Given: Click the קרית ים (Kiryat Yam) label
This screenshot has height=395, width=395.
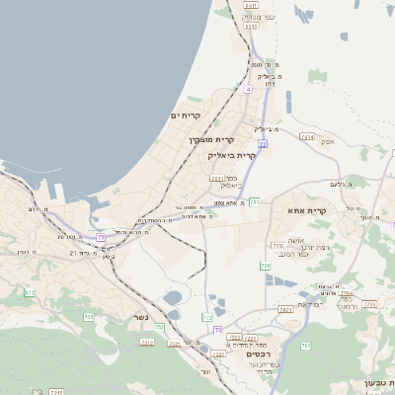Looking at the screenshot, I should point(186,116).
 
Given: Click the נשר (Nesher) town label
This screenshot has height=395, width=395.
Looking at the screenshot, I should point(139,317).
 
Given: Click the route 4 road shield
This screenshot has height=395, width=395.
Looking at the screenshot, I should point(249,90).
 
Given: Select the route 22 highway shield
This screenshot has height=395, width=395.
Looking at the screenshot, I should point(263,143).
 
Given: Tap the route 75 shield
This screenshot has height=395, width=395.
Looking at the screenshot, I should point(102,237).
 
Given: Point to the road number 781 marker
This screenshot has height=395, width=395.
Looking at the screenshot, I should point(254,201).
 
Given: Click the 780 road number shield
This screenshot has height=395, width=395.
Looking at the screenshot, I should point(265,266).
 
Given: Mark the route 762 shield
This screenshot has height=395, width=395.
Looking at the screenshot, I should point(208,317).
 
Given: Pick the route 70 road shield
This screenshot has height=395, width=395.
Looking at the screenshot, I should point(217,330).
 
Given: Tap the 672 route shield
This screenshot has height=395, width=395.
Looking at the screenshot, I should point(29,292).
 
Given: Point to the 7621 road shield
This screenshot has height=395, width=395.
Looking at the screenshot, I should point(284,310).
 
